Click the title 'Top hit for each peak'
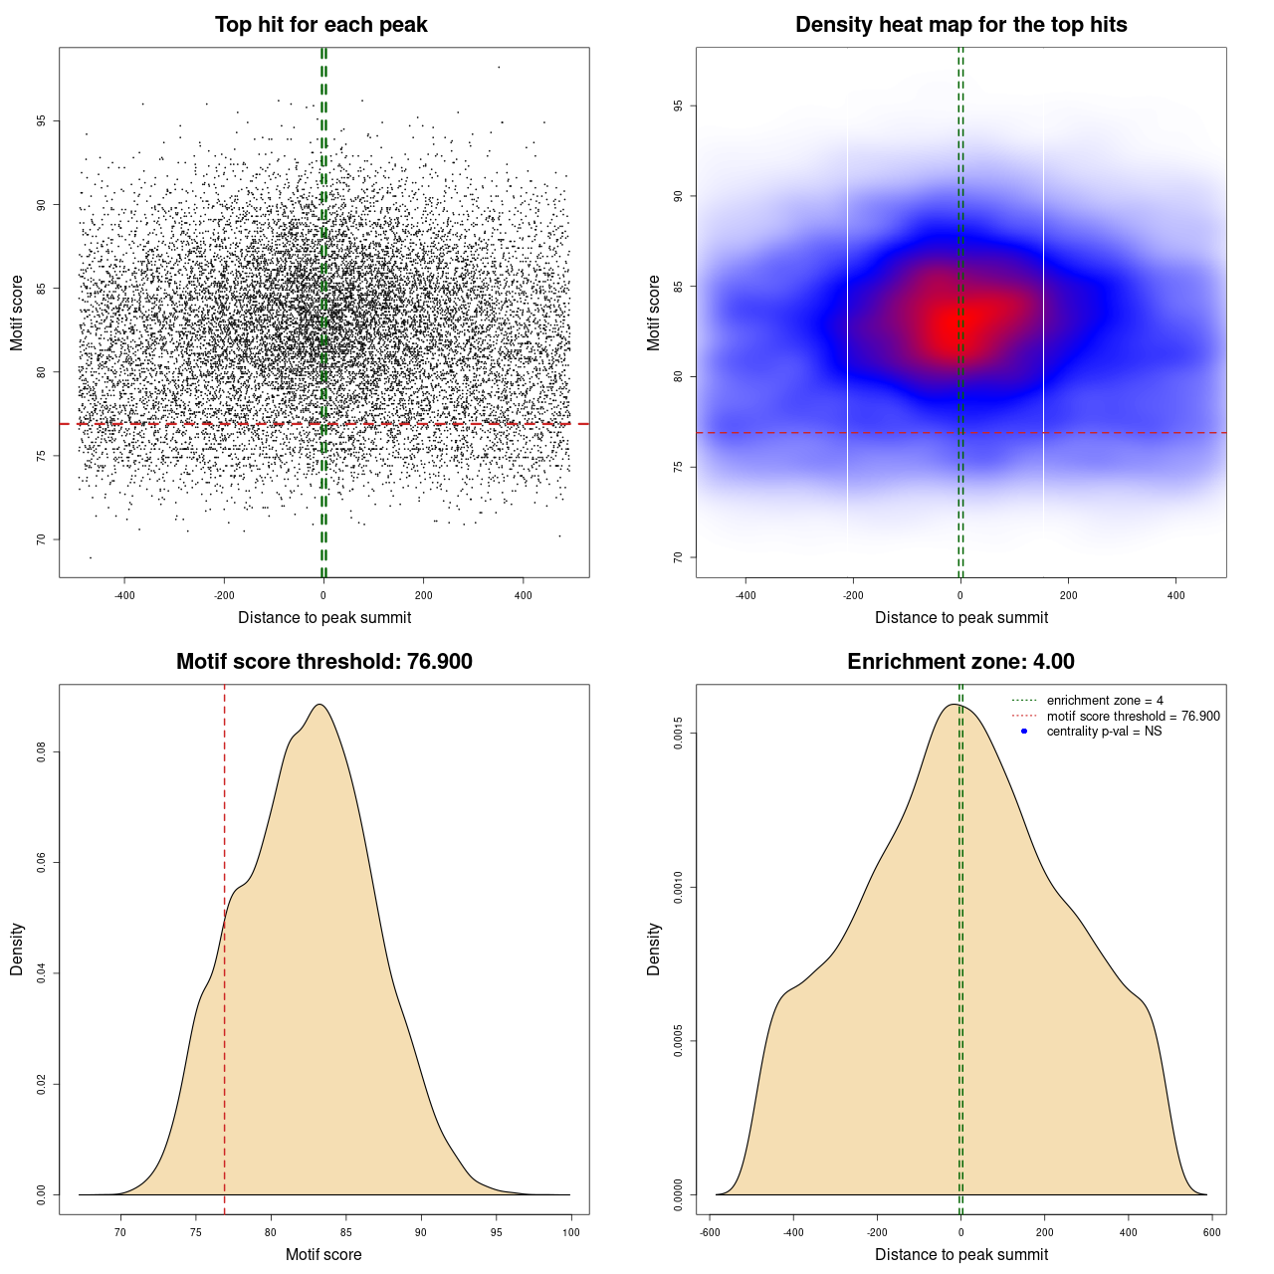click(320, 25)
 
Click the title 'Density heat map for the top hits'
click(960, 25)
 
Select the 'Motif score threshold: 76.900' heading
click(323, 662)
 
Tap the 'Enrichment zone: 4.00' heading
click(960, 662)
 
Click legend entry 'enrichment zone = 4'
click(1105, 701)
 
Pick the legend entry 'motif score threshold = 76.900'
click(1133, 716)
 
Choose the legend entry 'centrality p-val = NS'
click(1104, 732)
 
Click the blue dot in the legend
click(1024, 732)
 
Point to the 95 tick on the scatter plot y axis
click(41, 121)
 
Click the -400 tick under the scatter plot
click(124, 595)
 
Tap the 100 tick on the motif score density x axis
click(570, 1232)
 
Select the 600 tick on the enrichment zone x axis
click(1211, 1232)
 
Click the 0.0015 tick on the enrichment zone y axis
click(678, 735)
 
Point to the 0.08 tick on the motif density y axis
click(41, 752)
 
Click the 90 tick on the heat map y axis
click(678, 196)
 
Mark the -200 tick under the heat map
click(853, 595)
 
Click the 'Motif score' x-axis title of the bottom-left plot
click(323, 1254)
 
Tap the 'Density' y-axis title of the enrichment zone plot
click(654, 949)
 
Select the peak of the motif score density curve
click(318, 705)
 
